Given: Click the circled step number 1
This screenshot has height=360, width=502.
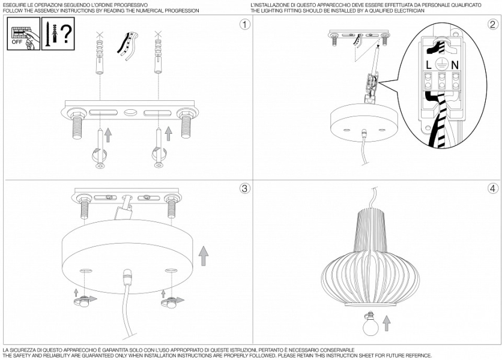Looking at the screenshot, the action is click(x=245, y=25).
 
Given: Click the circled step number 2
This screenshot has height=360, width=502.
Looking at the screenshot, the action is click(x=493, y=25).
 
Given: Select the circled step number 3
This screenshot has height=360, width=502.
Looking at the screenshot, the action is click(x=245, y=188).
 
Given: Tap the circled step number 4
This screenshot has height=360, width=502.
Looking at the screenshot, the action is click(x=493, y=188).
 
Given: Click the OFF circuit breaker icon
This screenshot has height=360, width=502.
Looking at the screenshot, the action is click(x=23, y=34).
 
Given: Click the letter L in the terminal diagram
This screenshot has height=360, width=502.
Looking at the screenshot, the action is click(x=429, y=65).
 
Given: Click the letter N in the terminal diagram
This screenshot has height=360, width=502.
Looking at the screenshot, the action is click(x=455, y=65).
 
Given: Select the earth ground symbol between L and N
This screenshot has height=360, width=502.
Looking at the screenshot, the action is click(x=441, y=65).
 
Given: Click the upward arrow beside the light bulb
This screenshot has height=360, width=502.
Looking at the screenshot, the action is click(x=387, y=323).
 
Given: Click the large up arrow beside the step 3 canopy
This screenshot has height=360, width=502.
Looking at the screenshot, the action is click(x=204, y=256).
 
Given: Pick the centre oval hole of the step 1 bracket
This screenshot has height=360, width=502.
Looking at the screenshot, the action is click(x=130, y=113).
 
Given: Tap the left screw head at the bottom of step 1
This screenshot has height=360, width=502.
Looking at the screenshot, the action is click(x=100, y=166).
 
